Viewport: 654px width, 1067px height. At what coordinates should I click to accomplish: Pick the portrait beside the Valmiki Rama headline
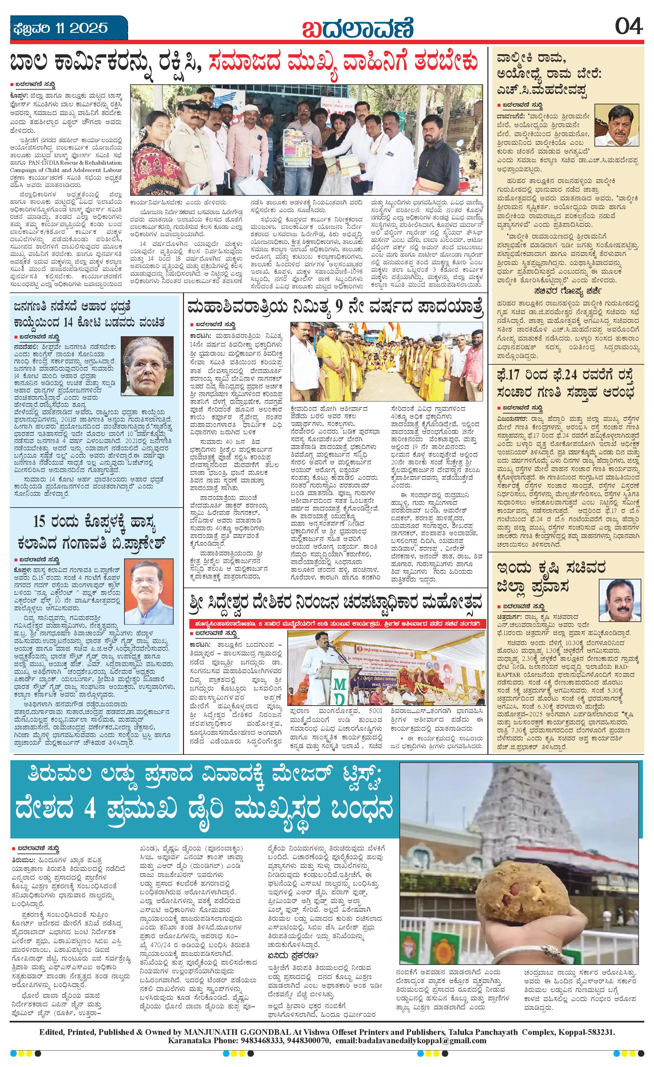[615, 125]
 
